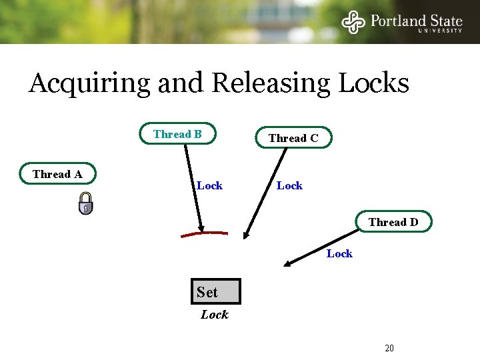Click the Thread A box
(x=58, y=174)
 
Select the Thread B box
(x=177, y=134)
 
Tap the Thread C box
(x=293, y=138)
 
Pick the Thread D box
(x=393, y=222)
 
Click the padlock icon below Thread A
(x=85, y=203)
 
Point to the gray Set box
(x=215, y=292)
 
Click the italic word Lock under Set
(x=214, y=315)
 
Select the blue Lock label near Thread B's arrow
(x=209, y=185)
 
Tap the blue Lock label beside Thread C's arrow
(x=289, y=185)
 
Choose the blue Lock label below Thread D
(x=339, y=253)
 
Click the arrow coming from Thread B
(x=193, y=187)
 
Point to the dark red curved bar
(x=204, y=234)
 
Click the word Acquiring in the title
(x=90, y=84)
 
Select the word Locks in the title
(x=374, y=83)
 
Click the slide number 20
(x=389, y=348)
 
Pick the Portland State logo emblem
(x=353, y=22)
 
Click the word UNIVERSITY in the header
(x=440, y=30)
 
